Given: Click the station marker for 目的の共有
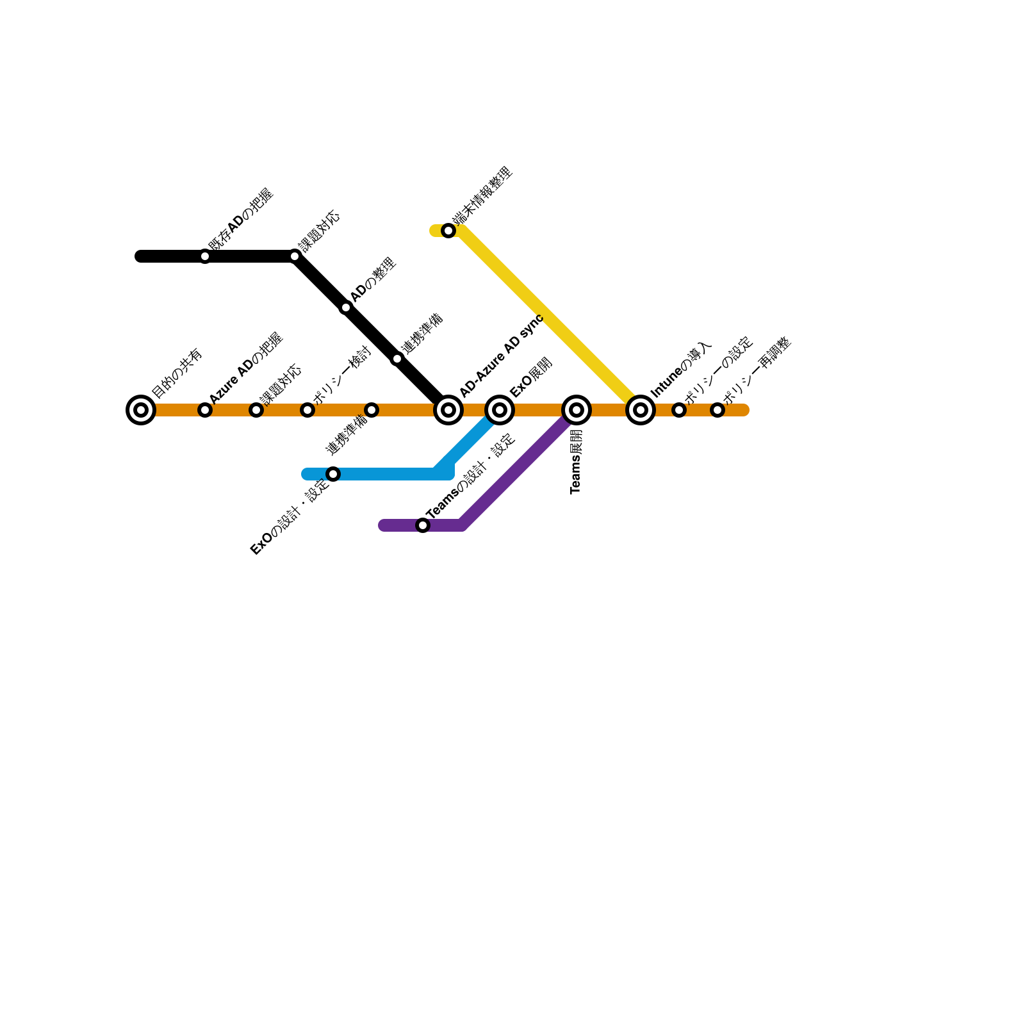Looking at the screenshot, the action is point(141,410).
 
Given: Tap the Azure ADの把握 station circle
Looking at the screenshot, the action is point(205,410).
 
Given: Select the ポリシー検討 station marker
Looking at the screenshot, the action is point(307,410).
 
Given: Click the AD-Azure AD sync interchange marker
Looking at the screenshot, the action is point(448,410).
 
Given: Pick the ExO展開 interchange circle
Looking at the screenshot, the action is point(500,410).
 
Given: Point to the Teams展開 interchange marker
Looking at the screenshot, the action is point(577,410).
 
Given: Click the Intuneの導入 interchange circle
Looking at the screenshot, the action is point(641,410).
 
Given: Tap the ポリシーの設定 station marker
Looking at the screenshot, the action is point(679,410).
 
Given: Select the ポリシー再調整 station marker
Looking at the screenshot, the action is point(717,410).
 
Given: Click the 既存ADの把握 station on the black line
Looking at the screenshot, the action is point(205,256).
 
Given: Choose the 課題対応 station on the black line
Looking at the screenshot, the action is point(295,256).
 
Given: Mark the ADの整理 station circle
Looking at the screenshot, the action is point(346,307).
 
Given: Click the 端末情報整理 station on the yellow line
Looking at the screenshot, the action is point(448,231).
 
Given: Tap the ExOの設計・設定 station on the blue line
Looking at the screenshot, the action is point(333,474).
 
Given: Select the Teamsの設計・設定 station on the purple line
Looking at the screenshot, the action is point(423,525).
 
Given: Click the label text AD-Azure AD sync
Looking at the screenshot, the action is point(501,356).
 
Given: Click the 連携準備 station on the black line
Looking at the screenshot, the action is point(397,359).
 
